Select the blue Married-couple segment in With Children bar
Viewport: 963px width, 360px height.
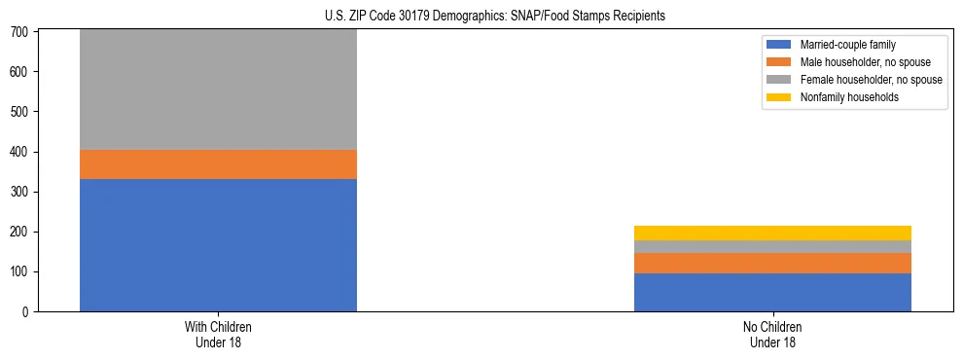point(218,245)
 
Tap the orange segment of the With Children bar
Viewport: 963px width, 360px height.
point(218,164)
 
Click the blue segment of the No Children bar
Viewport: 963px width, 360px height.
point(772,292)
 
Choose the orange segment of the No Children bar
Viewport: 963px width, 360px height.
point(772,263)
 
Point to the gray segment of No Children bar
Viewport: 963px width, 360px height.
point(772,246)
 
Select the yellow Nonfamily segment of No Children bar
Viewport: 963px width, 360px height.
point(772,233)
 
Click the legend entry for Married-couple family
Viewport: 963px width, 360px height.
point(847,45)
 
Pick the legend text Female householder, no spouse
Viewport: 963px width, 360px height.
point(871,80)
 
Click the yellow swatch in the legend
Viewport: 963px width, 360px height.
point(780,97)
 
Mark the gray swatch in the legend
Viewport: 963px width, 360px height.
point(780,80)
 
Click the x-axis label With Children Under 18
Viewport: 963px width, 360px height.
point(218,335)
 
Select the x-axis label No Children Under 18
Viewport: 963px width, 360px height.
point(772,335)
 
